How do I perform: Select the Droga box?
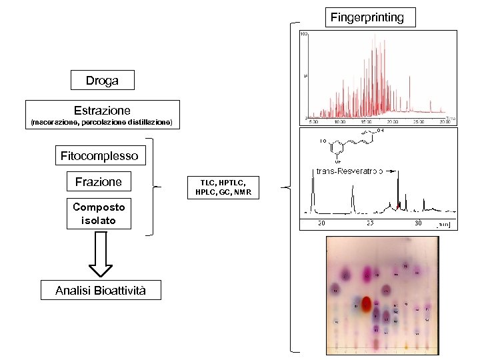(102, 81)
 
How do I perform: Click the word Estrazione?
(102, 111)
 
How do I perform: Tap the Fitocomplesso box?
(99, 156)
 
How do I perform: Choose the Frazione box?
(99, 181)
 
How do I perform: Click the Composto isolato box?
(99, 213)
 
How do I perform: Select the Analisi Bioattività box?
(99, 290)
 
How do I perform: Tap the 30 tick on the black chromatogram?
(419, 223)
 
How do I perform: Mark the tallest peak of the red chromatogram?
(371, 37)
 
